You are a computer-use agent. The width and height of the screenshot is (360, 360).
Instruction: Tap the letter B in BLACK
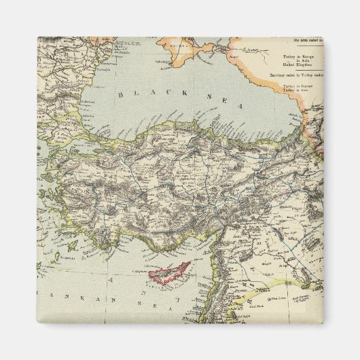point(120,94)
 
